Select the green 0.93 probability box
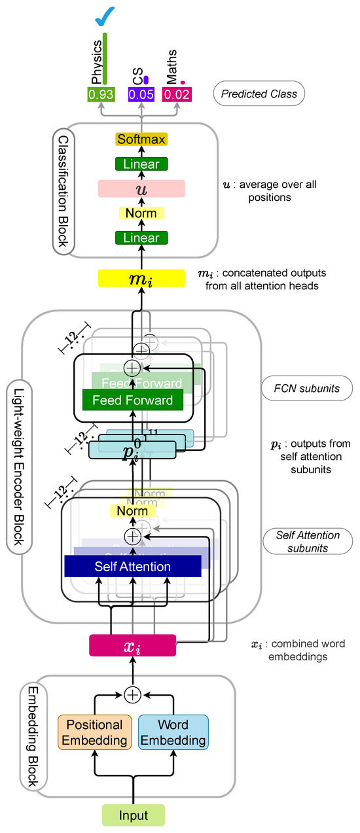click(x=101, y=94)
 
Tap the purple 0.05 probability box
click(x=141, y=94)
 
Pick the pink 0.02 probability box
click(x=176, y=94)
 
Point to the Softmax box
click(x=142, y=139)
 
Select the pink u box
click(x=142, y=188)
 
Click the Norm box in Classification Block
click(x=142, y=213)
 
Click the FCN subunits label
click(x=307, y=389)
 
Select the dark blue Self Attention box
click(x=132, y=566)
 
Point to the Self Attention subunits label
click(x=307, y=542)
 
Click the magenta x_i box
click(x=132, y=646)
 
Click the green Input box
click(x=133, y=815)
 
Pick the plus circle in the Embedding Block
click(x=133, y=694)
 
